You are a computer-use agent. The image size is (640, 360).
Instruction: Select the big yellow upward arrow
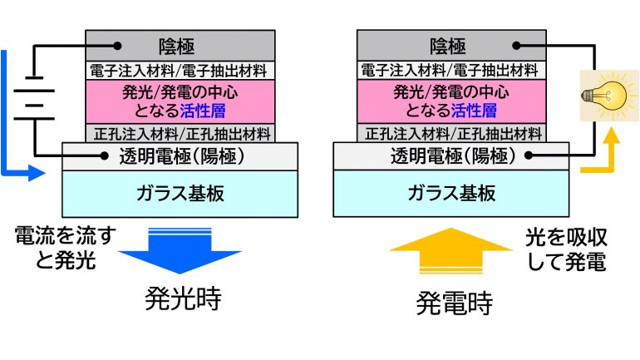(452, 249)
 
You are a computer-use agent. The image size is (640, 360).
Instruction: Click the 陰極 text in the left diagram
(180, 46)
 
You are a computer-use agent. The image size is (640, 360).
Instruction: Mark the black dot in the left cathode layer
(117, 45)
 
